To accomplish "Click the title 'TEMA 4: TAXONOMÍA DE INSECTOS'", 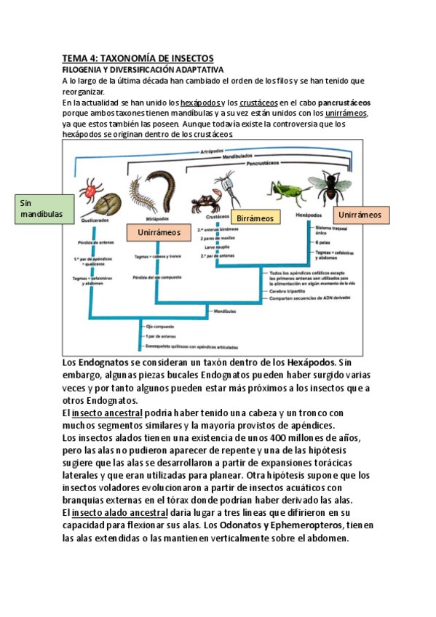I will point(137,58).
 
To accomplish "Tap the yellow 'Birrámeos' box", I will point(255,218).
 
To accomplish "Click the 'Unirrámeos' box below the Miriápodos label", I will point(154,232).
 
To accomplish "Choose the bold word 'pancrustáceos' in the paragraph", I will point(344,103).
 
